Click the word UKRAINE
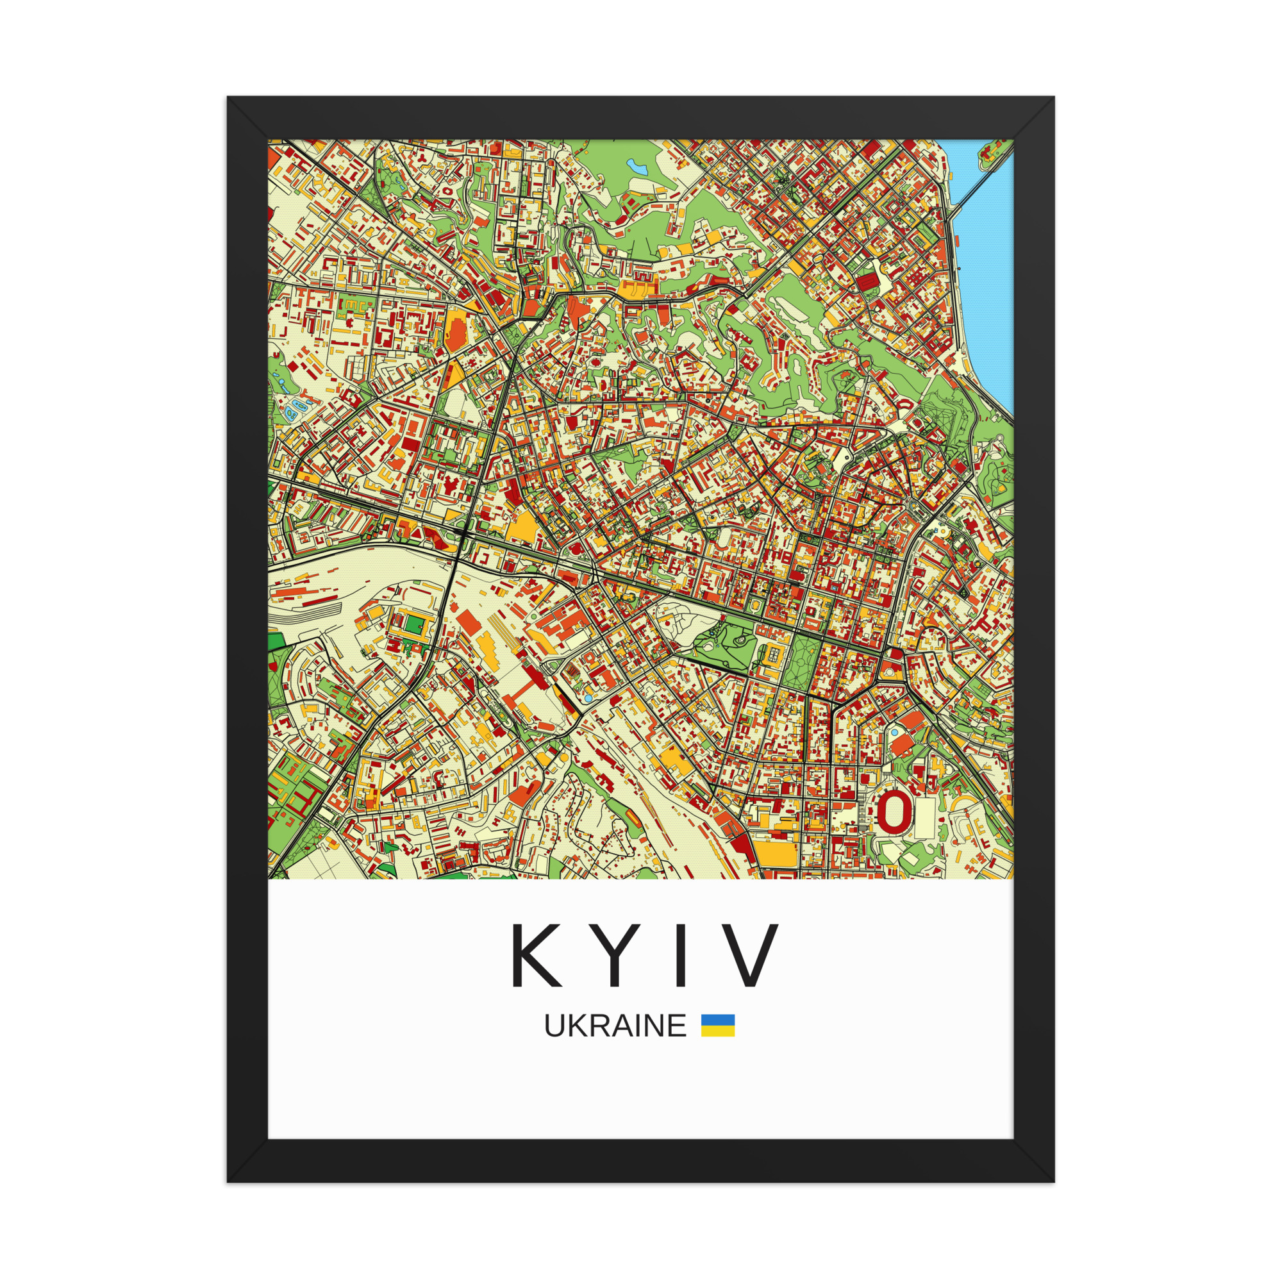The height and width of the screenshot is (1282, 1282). [615, 1026]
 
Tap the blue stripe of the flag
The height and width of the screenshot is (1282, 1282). [718, 1020]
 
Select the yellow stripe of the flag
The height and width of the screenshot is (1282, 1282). [718, 1031]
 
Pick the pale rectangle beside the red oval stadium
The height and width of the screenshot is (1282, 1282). [924, 818]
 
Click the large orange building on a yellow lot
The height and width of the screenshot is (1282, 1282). [456, 331]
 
